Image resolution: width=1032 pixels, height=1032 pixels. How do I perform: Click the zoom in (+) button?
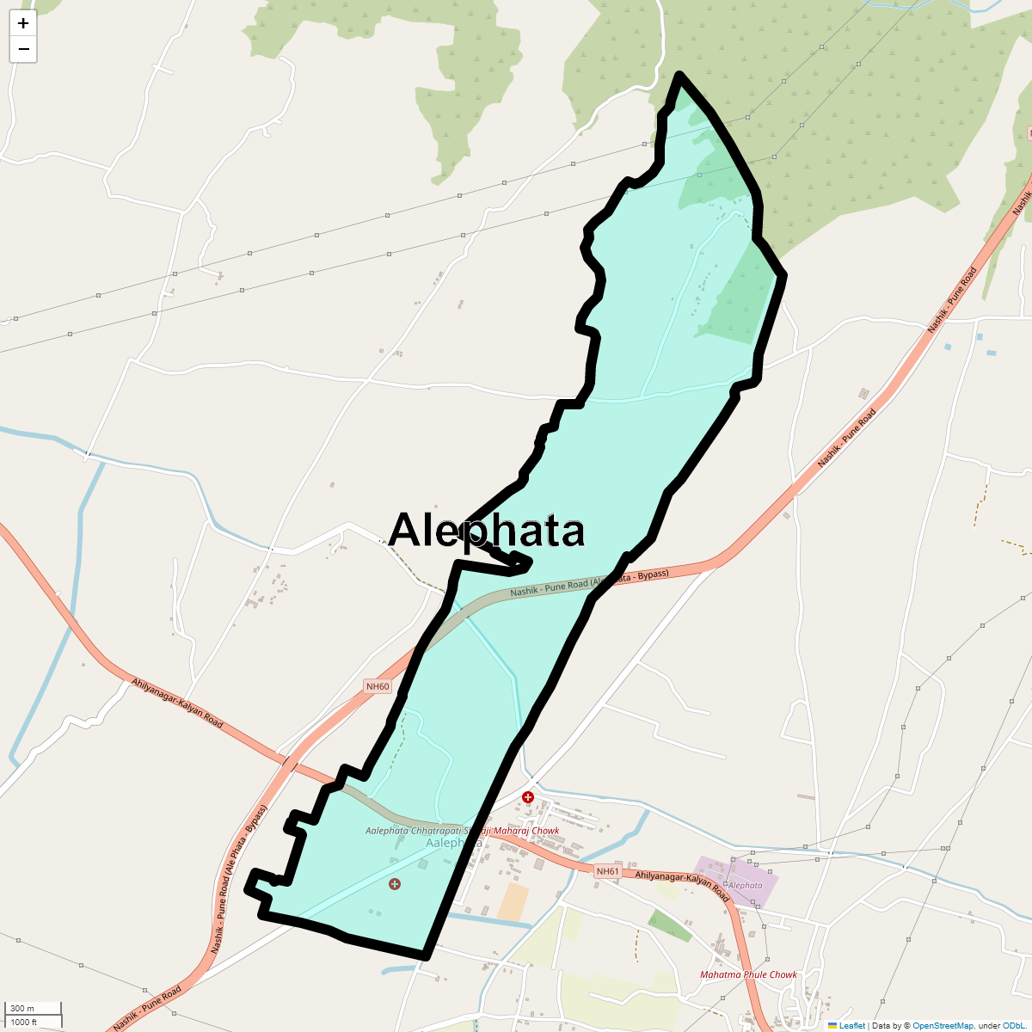point(23,23)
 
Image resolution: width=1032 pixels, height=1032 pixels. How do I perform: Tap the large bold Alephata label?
point(487,531)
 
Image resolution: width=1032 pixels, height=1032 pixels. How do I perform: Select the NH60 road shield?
point(378,686)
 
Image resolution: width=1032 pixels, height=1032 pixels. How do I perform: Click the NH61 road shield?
point(607,871)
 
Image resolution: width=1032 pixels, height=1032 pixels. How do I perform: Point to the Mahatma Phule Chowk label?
point(748,974)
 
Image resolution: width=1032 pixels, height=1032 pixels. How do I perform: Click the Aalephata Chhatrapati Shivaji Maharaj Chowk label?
point(462,831)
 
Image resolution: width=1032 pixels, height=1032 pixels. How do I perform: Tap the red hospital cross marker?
point(528,798)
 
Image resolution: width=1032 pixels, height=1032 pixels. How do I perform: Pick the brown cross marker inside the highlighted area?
point(395,884)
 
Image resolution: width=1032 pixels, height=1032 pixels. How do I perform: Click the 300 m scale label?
point(23,1009)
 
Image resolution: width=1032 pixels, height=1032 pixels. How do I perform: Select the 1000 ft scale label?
point(24,1022)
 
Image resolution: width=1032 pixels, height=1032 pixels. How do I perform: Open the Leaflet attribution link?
point(851,1025)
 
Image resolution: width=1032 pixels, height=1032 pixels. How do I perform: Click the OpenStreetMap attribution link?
point(943,1025)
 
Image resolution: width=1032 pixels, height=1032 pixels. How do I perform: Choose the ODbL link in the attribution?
point(1012,1025)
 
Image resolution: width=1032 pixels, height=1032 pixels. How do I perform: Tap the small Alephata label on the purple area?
point(745,885)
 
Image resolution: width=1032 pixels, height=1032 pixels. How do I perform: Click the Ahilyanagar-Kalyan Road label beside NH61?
point(682,887)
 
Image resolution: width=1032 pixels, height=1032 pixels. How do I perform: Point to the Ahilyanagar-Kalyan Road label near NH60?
point(177,703)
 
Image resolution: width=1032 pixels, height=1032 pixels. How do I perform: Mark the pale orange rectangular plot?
point(513,902)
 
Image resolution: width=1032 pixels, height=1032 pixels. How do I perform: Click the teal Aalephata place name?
point(454,843)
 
